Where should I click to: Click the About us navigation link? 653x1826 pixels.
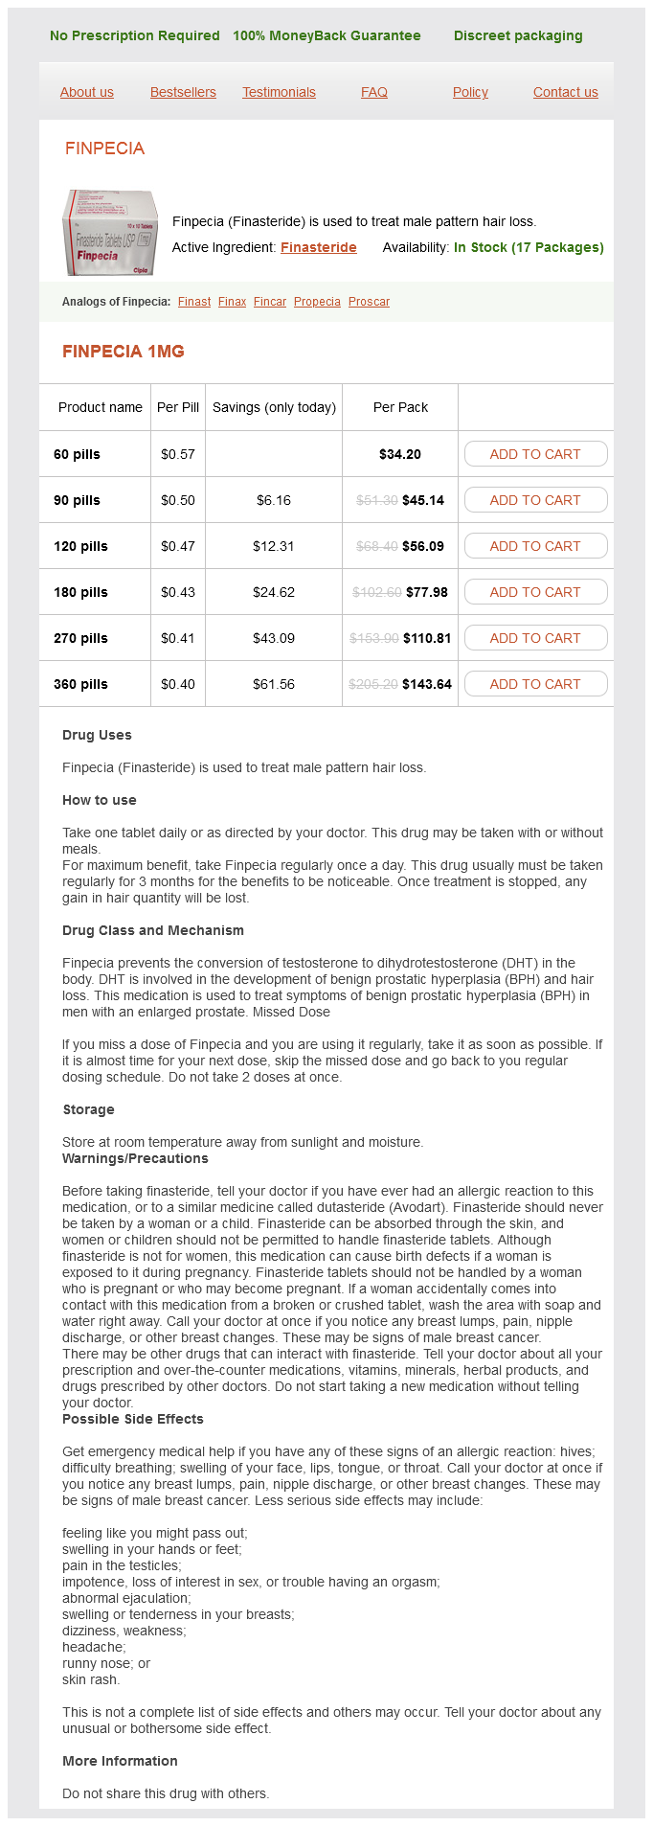tap(86, 92)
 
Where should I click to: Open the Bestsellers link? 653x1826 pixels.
tap(183, 92)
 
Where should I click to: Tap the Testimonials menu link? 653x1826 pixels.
tap(279, 92)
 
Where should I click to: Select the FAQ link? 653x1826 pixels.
tap(373, 92)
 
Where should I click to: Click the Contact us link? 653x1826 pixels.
tap(565, 92)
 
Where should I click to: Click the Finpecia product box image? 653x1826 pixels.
tap(109, 232)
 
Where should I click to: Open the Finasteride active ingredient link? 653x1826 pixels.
tap(318, 247)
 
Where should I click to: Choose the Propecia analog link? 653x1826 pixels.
tap(317, 302)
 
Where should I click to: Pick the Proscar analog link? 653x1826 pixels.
tap(369, 302)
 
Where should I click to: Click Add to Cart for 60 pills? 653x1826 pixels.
tap(535, 454)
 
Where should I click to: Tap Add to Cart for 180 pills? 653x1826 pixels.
tap(535, 592)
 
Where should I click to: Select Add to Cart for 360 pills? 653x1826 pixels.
tap(535, 684)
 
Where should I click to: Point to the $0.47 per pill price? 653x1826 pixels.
tap(177, 546)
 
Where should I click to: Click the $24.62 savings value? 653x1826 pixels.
tap(273, 592)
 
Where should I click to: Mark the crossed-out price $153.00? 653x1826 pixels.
tap(373, 638)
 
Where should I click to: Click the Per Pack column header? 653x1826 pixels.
tap(400, 407)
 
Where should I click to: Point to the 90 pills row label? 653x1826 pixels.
tap(77, 500)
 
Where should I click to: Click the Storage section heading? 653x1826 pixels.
tap(88, 1109)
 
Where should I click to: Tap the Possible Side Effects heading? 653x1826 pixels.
tap(133, 1419)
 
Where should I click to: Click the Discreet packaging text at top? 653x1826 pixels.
tap(518, 35)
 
